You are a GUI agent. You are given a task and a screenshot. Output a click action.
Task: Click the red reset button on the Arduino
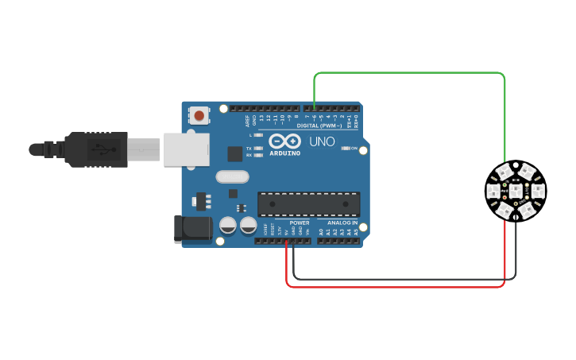198,116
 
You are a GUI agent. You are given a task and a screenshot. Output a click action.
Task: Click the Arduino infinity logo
284,141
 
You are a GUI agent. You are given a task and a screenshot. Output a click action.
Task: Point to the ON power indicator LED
343,148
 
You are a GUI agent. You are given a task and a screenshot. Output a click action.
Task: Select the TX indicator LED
258,149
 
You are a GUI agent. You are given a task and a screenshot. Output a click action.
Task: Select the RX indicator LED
258,155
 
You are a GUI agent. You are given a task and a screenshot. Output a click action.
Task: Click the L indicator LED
258,136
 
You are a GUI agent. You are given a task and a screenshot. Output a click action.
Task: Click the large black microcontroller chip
308,204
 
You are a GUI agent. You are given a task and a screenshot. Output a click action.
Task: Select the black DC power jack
192,229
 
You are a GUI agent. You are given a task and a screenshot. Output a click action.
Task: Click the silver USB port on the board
187,149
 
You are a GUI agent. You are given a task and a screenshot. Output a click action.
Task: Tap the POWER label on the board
300,223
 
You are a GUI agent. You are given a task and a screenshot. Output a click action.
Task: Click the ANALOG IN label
343,223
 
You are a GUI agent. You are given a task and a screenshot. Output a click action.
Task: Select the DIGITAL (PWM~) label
319,126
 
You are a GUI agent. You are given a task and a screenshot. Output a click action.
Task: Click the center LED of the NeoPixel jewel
516,191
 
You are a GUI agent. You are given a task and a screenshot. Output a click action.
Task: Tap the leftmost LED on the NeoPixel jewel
493,191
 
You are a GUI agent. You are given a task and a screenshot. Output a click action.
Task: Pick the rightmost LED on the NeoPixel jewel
538,191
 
